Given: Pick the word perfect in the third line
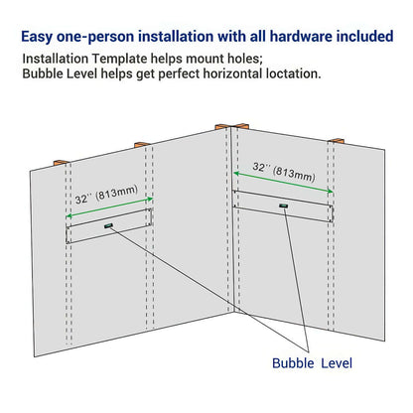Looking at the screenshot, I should coord(192,75).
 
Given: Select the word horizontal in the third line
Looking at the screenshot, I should coord(250,75).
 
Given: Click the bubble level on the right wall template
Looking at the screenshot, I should coord(283,206).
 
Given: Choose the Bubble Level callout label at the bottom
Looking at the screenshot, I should coord(312,363).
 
